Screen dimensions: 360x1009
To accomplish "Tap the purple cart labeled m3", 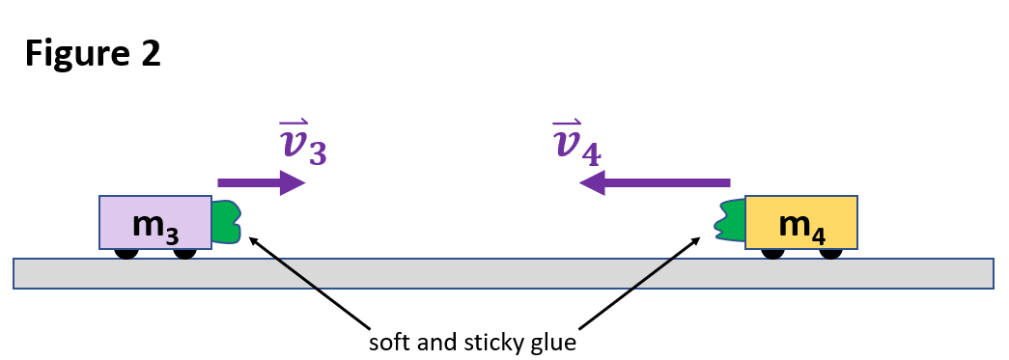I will tap(154, 223).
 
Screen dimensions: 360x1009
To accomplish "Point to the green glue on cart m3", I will tap(227, 222).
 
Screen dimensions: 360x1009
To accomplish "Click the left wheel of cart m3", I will tap(126, 254).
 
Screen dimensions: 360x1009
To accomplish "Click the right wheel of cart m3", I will tap(184, 254).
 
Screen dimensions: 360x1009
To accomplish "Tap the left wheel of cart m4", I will tap(771, 254).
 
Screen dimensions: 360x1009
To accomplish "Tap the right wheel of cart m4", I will tap(830, 254).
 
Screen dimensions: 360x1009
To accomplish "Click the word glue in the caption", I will tap(554, 344).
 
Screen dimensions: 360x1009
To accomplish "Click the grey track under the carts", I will tap(502, 273).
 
